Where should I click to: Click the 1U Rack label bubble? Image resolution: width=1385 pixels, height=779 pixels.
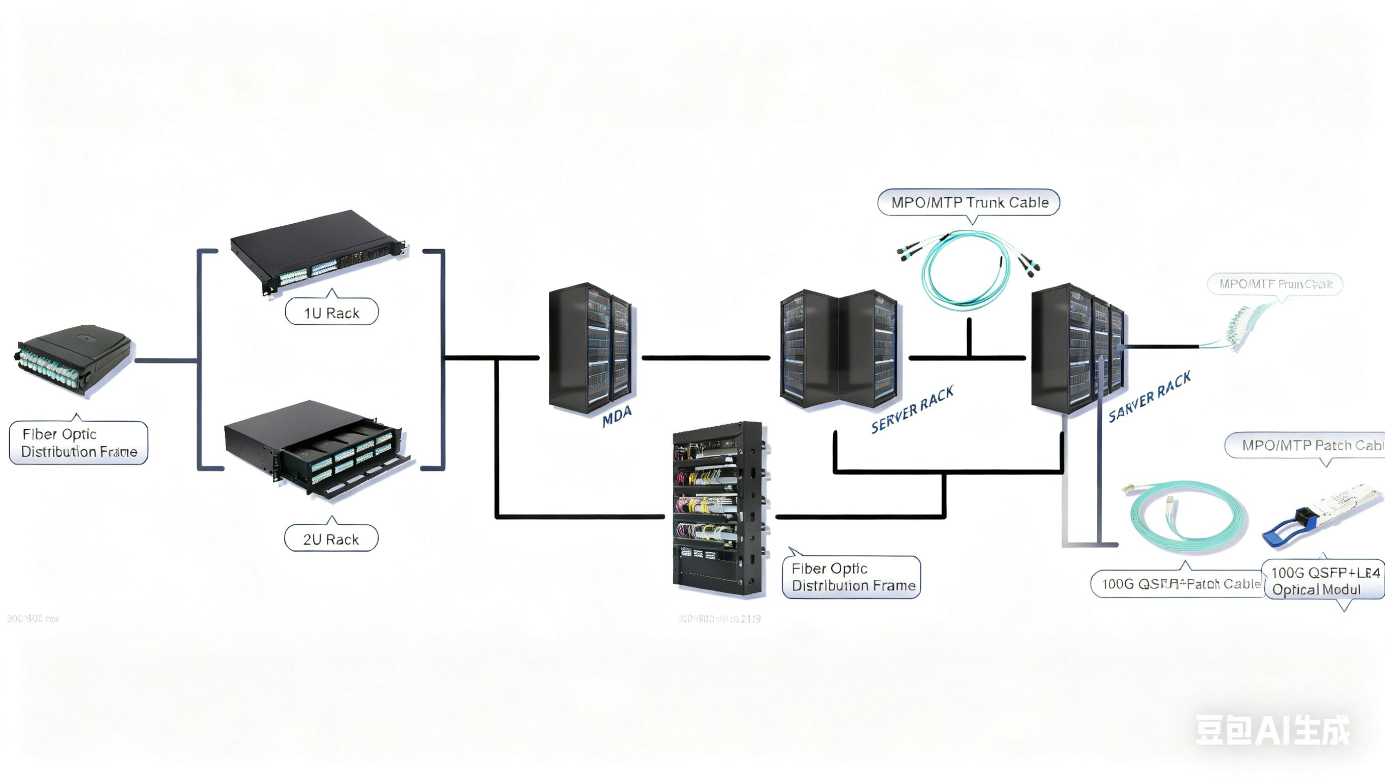[x=331, y=312]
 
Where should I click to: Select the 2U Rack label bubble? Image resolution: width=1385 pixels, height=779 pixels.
[x=331, y=538]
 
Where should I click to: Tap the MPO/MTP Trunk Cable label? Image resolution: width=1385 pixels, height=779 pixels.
[x=969, y=203]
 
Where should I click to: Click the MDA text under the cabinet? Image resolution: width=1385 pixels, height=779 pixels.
[x=616, y=417]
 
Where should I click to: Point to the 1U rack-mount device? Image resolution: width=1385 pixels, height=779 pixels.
[x=317, y=250]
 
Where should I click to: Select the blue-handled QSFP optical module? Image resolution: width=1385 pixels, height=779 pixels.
[x=1320, y=517]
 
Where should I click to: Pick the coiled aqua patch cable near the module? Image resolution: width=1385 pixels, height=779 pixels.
[x=1186, y=517]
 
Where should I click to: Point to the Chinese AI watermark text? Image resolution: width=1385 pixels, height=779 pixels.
[x=1272, y=730]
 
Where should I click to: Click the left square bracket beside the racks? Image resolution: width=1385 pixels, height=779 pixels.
[x=200, y=359]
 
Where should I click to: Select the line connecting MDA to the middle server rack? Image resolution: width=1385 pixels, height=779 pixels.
[x=705, y=358]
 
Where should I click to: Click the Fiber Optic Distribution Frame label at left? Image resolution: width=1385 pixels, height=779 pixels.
[x=79, y=442]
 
